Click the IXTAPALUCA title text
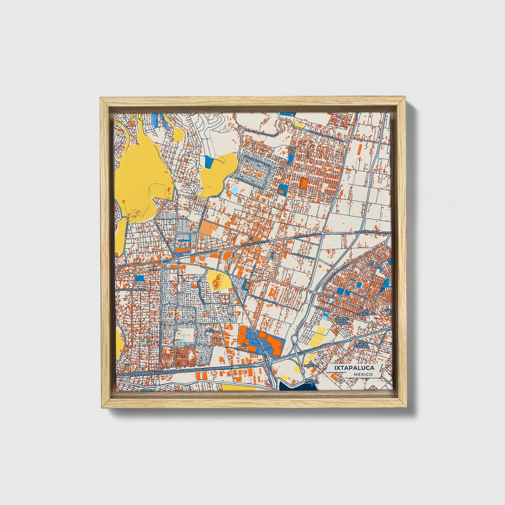click(354, 368)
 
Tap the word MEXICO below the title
click(362, 374)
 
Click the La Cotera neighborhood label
click(212, 330)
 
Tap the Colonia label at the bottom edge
click(148, 390)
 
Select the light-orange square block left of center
click(208, 228)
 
